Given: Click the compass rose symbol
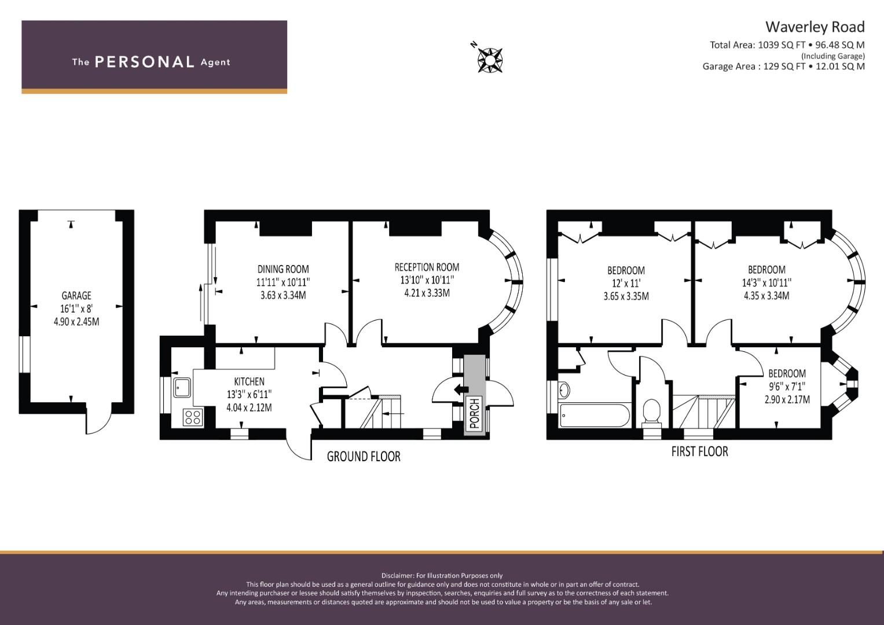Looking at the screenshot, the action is coord(490,60).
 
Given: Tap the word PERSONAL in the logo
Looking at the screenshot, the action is coord(145,62).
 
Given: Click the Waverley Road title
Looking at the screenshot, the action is coord(815,27).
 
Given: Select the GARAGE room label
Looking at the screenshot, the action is coord(76,296).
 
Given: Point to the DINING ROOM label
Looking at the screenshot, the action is coord(283,269).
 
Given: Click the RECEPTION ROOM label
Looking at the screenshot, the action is coord(427,267).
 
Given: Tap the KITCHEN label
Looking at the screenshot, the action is coord(249,381).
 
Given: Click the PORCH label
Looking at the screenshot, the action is coord(475,413).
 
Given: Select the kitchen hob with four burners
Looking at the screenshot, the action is coord(193,417).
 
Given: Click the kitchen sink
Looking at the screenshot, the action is coord(182,387).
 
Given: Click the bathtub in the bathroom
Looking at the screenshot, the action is coord(595,415).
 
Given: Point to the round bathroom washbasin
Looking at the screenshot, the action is coord(564,390).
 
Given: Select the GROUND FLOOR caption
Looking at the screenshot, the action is coord(364,457).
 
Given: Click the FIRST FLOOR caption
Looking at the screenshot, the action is coord(700,451).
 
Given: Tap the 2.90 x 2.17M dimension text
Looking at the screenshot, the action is coord(787,399).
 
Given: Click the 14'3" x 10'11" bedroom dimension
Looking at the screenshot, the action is coord(767,282).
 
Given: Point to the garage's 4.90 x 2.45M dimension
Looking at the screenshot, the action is coord(76,322).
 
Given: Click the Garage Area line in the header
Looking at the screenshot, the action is coord(783,67).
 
